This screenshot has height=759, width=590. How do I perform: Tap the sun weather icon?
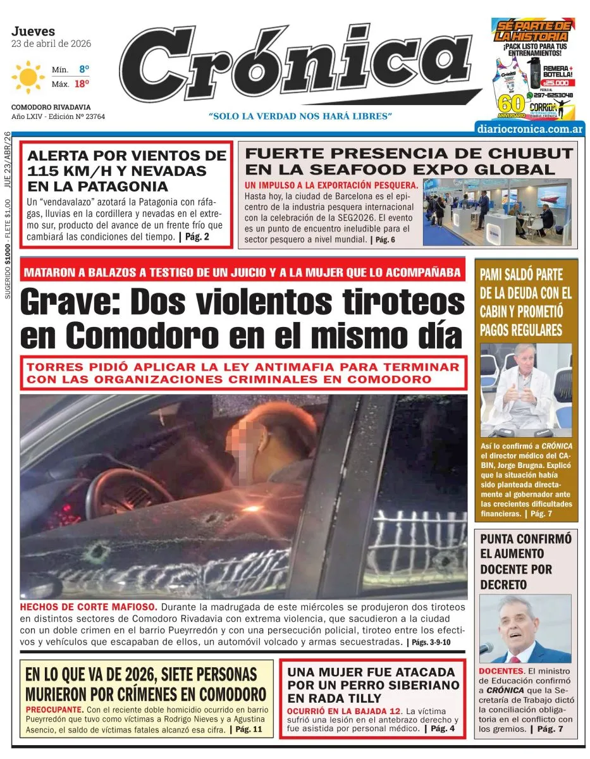28,77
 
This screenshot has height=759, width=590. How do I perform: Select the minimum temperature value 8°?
84,68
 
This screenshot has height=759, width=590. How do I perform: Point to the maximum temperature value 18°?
82,83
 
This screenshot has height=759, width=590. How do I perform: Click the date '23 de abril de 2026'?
51,44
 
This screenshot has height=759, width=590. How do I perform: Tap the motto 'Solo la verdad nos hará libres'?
301,116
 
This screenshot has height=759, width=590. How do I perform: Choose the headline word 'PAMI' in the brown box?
495,275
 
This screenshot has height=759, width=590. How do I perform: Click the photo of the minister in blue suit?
525,629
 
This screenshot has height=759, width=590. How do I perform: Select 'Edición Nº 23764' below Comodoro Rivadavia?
70,116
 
